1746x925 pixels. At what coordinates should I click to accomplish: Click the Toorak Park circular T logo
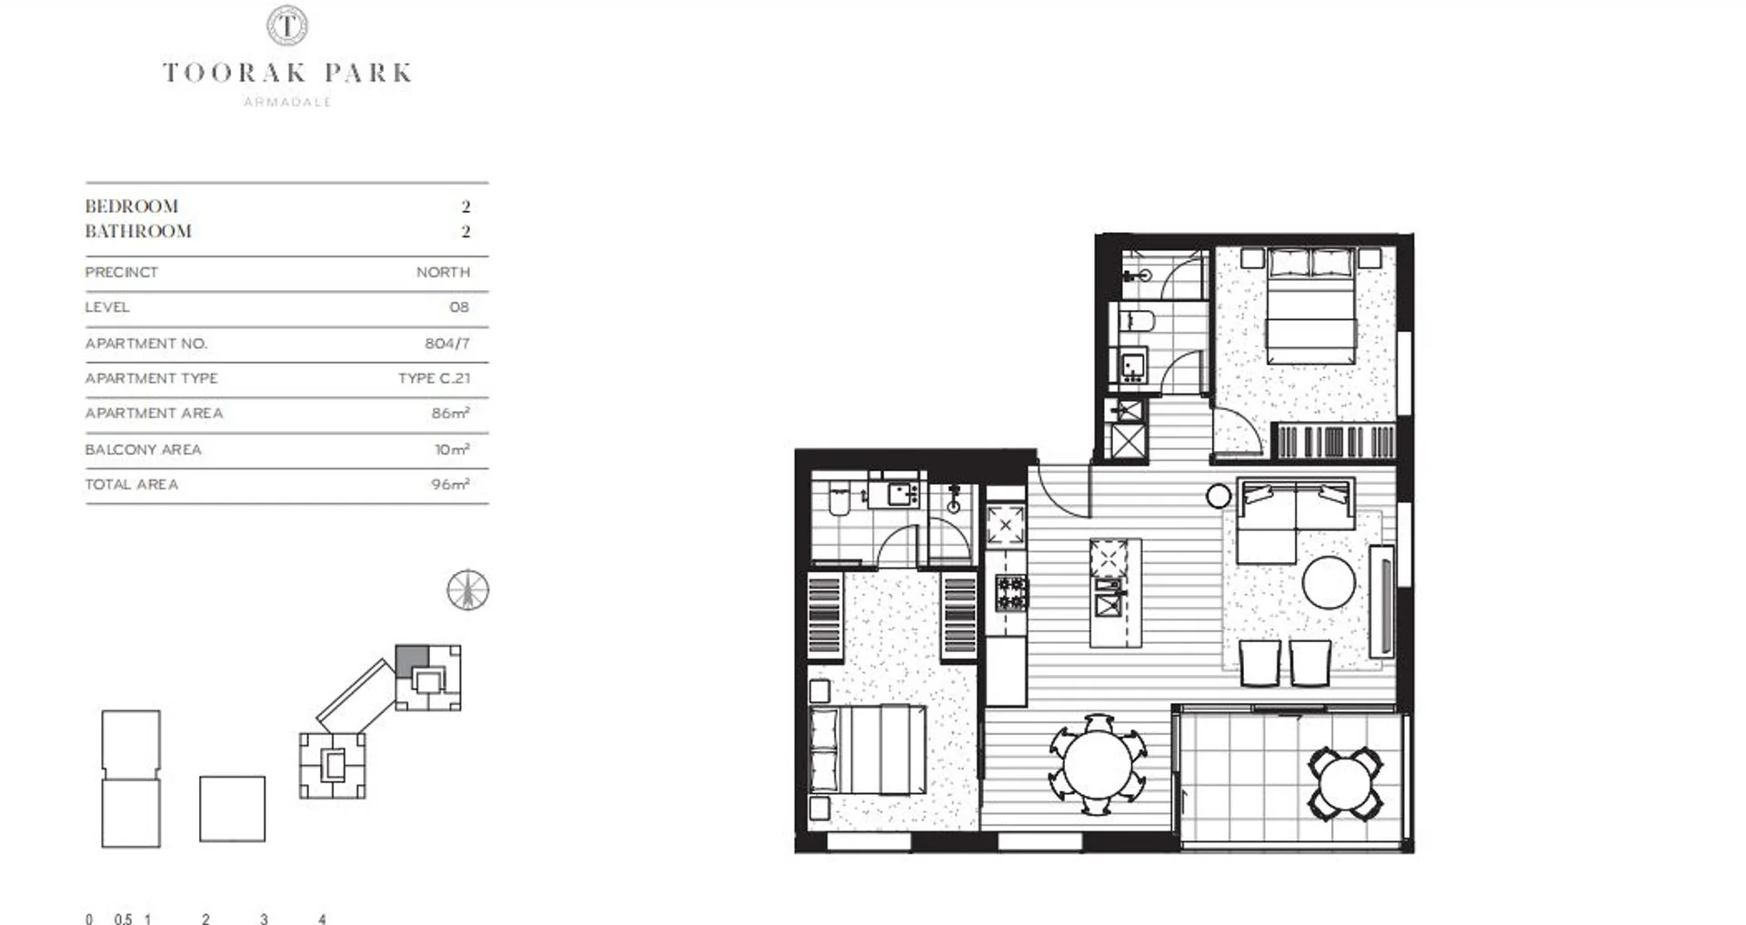click(x=286, y=25)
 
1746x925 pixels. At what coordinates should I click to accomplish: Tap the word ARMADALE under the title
click(x=287, y=102)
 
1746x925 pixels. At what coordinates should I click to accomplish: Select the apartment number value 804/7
click(x=447, y=344)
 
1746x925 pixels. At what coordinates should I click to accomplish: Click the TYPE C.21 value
click(x=434, y=378)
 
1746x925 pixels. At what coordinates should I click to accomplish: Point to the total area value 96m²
click(x=450, y=485)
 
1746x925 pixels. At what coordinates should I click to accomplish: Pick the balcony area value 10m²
click(x=452, y=449)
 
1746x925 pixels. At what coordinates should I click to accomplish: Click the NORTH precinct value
click(x=443, y=272)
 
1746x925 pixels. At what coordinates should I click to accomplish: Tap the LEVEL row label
click(x=107, y=307)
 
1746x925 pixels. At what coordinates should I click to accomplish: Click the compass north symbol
click(x=468, y=590)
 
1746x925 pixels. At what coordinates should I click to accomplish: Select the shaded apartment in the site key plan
click(x=410, y=659)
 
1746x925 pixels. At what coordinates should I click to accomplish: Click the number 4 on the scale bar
click(x=322, y=920)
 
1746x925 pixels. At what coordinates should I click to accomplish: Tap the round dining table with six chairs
click(x=1098, y=765)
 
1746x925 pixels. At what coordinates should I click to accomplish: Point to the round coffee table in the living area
click(x=1328, y=582)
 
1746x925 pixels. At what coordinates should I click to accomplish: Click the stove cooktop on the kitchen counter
click(x=1010, y=593)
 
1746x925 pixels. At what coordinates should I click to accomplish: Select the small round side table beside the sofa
click(x=1219, y=497)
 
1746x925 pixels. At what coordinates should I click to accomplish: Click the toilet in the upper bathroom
click(x=1136, y=321)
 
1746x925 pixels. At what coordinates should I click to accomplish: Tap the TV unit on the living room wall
click(x=1381, y=600)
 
